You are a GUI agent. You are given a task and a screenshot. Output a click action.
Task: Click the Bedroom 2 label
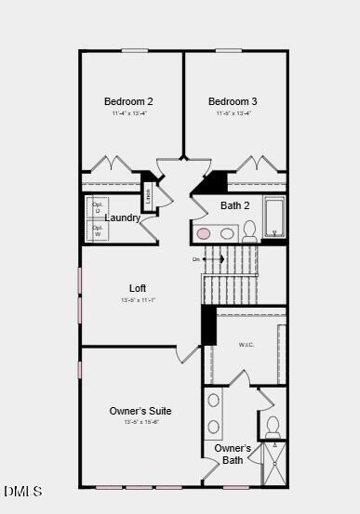click(x=128, y=101)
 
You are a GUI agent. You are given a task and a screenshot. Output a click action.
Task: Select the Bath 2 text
click(x=234, y=205)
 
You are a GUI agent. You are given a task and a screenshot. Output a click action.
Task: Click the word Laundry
click(x=123, y=217)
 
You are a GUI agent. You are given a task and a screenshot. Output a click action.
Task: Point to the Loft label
click(x=138, y=288)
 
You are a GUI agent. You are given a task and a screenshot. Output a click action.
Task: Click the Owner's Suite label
click(x=140, y=411)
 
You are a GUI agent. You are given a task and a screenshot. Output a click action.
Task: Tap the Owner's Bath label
click(x=233, y=454)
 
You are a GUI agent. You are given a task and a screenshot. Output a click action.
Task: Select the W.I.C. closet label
click(x=247, y=345)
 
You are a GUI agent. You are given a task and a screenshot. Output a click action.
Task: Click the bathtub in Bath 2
click(x=274, y=217)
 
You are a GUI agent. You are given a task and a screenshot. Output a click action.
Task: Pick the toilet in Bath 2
click(x=249, y=231)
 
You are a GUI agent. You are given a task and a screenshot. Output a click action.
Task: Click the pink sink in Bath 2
click(x=203, y=233)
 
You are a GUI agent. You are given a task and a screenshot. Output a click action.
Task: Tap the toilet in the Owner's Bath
click(x=273, y=427)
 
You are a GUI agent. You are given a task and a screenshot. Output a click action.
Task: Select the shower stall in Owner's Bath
click(x=273, y=464)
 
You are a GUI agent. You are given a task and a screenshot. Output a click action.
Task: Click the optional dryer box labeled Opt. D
click(x=97, y=206)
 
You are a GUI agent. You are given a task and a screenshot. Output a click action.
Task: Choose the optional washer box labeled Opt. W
click(x=97, y=231)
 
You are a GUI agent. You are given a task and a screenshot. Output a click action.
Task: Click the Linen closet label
click(x=147, y=196)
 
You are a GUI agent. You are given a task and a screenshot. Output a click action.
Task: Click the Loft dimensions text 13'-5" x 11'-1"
click(x=138, y=300)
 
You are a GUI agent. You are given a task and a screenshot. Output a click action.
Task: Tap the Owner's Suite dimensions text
click(x=140, y=422)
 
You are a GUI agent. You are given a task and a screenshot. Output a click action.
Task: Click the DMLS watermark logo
click(x=22, y=491)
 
